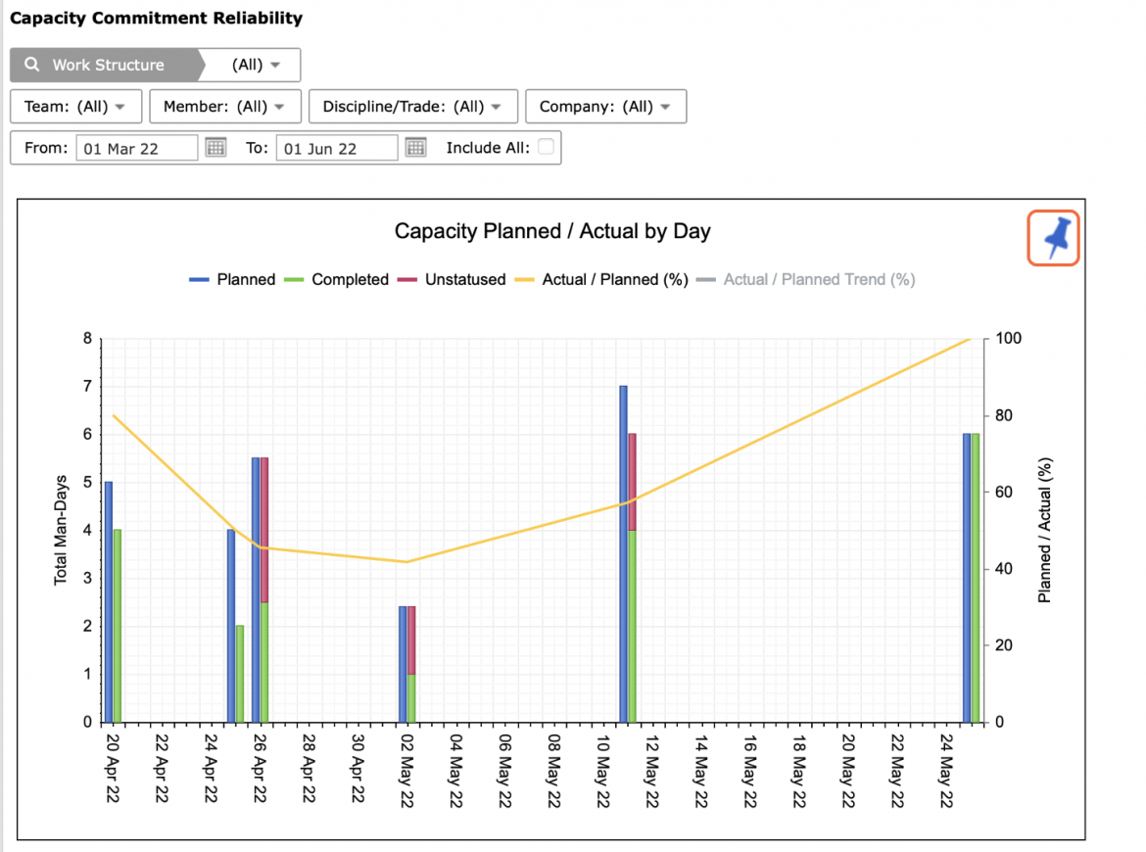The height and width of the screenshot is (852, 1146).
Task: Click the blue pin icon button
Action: pos(1053,238)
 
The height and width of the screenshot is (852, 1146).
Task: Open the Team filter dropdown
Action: pos(76,107)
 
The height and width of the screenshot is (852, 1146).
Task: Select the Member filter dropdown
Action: pos(225,107)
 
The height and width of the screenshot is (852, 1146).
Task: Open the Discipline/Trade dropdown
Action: pos(413,107)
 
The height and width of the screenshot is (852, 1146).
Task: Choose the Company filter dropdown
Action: pos(606,107)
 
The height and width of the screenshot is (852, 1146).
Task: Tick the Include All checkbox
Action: pos(546,147)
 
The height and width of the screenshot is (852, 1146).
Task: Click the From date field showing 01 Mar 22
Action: pos(137,148)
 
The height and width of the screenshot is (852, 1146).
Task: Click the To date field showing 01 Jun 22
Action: pos(337,148)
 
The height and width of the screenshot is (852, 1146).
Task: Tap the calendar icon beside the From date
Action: pos(215,148)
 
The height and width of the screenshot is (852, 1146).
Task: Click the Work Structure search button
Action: pos(105,65)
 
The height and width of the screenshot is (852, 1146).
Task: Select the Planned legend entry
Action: pos(232,280)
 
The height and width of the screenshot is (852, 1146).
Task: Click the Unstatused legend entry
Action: pos(452,280)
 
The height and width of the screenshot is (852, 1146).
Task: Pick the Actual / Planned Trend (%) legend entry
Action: pos(805,280)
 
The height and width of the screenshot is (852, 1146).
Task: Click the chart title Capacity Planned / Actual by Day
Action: pos(552,232)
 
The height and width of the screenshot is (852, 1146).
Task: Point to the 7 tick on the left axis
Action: pos(88,386)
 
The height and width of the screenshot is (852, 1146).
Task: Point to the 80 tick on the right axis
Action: pos(1004,415)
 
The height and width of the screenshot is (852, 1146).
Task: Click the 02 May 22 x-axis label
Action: pos(407,770)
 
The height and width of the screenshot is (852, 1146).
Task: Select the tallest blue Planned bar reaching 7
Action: pos(623,554)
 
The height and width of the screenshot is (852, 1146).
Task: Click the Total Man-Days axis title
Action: pos(61,530)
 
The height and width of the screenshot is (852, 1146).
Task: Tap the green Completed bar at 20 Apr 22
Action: pos(117,626)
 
